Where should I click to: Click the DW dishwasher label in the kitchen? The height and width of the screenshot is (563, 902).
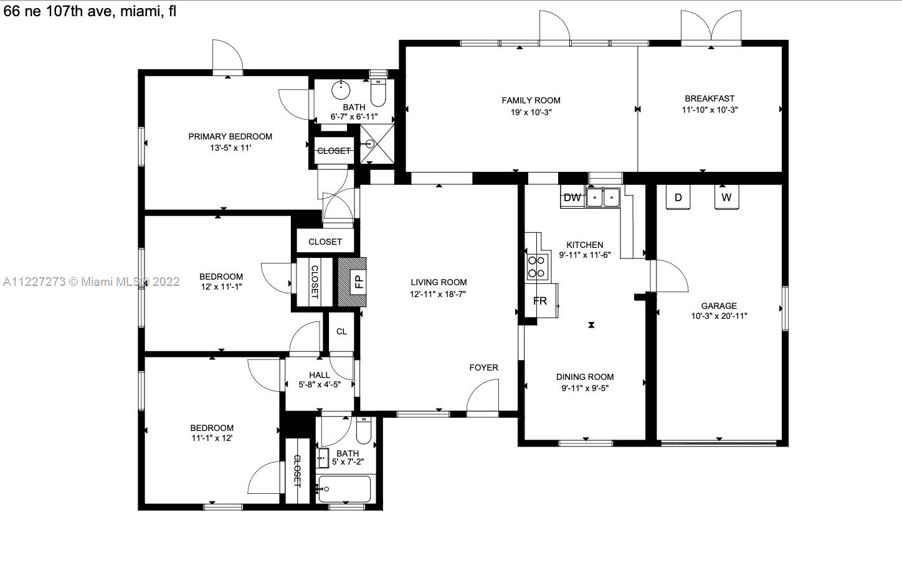572,197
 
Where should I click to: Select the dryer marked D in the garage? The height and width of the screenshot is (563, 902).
678,197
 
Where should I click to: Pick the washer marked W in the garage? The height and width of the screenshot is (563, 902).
726,197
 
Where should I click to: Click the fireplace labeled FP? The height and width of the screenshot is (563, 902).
352,282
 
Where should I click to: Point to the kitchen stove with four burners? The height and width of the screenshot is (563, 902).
538,267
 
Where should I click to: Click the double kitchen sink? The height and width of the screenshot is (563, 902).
603,197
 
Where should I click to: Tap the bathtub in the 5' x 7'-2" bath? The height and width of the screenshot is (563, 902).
344,490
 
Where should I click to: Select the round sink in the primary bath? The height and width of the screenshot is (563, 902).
341,90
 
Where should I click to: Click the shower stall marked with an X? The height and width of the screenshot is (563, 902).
377,144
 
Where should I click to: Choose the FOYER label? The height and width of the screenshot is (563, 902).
483,367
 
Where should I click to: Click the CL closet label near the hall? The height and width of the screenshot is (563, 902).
341,331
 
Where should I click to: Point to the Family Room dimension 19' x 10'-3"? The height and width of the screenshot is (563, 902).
531,112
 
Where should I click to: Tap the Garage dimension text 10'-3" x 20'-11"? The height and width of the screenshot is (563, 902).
719,316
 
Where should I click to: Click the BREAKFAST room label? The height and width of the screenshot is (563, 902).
710,98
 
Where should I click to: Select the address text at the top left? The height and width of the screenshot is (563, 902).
90,11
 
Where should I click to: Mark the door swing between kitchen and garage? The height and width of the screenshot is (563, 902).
670,276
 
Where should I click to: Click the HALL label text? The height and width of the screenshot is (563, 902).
320,375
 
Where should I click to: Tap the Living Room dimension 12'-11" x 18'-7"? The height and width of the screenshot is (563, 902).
438,294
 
